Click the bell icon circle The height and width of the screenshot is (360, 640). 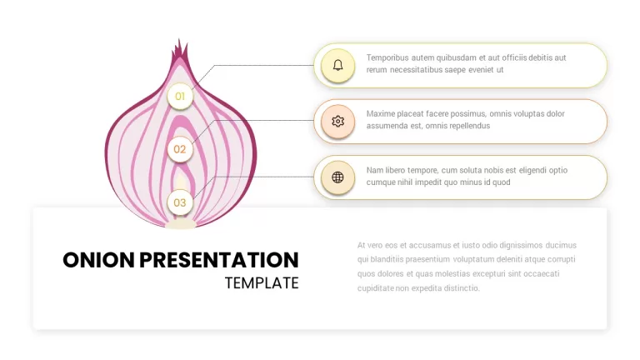(337, 65)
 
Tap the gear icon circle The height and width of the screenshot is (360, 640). (337, 121)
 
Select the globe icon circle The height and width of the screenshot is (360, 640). (337, 177)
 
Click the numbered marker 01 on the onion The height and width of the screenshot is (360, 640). (180, 97)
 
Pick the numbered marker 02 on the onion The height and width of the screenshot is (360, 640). (180, 149)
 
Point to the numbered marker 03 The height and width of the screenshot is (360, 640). (180, 202)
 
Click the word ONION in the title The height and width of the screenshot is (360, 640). (98, 260)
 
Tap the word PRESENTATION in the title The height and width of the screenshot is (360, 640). (219, 260)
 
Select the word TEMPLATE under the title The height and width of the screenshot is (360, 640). (262, 283)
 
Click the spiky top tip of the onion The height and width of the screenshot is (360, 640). (179, 41)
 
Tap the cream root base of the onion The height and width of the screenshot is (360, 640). (180, 224)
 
